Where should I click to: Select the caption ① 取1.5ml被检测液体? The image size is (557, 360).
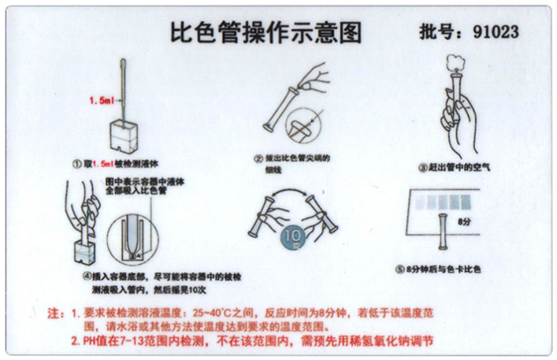tap(122, 164)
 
